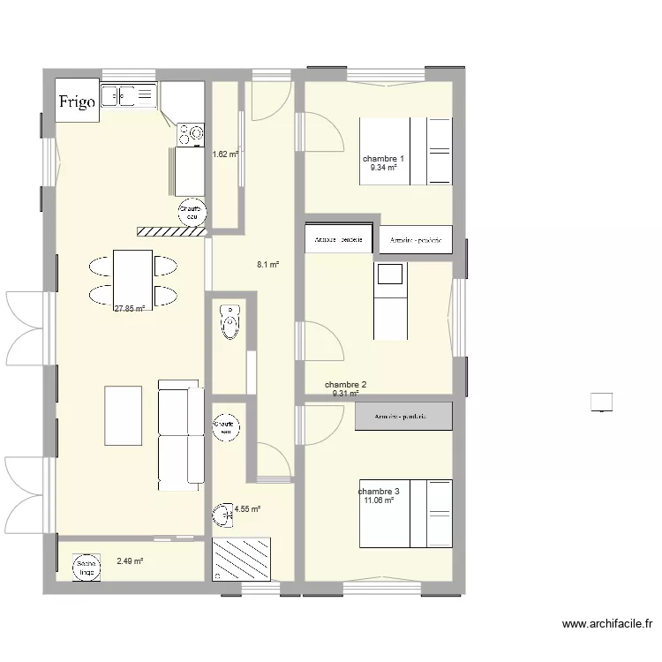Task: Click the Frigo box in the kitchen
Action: click(x=78, y=102)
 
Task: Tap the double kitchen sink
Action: click(x=129, y=95)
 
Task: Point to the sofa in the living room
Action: click(x=179, y=435)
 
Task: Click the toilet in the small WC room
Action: click(x=230, y=321)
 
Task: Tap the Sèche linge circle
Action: click(x=86, y=567)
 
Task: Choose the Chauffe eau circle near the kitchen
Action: click(x=191, y=213)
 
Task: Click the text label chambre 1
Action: click(x=383, y=159)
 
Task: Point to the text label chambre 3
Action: click(x=379, y=492)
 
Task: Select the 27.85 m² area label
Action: click(x=130, y=309)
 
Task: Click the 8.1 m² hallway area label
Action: click(x=267, y=264)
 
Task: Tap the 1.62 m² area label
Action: click(x=225, y=154)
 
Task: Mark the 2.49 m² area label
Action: click(x=130, y=560)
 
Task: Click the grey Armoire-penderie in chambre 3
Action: click(x=403, y=417)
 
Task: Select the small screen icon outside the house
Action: click(x=602, y=402)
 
